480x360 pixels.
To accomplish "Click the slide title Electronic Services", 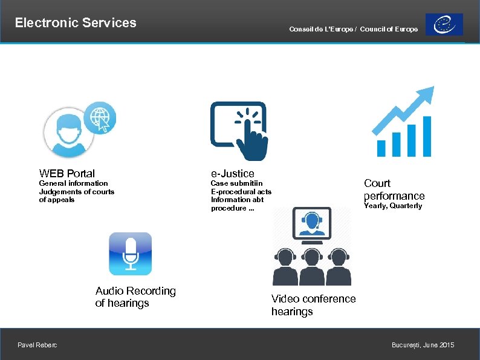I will coord(76,23).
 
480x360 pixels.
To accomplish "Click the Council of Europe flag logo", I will coord(444,25).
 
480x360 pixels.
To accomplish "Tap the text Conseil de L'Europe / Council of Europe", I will coord(353,30).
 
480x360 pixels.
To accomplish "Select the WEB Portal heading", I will coord(66,173).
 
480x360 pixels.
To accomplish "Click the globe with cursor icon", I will coord(100,117).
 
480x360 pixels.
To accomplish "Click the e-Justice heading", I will coord(232,174).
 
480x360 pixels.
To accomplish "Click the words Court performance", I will coord(394,189).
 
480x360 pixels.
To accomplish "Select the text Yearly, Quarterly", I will coord(392,206).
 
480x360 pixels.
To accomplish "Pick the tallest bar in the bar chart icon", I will coord(427,136).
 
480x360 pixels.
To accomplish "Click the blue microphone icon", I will coord(130,254).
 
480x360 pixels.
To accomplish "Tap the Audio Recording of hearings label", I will coord(135,297).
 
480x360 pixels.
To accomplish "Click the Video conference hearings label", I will coord(313,305).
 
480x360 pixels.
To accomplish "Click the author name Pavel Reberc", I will coord(37,345).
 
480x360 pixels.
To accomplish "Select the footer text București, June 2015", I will coord(423,345).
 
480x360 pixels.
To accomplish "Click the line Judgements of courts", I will coord(76,192).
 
